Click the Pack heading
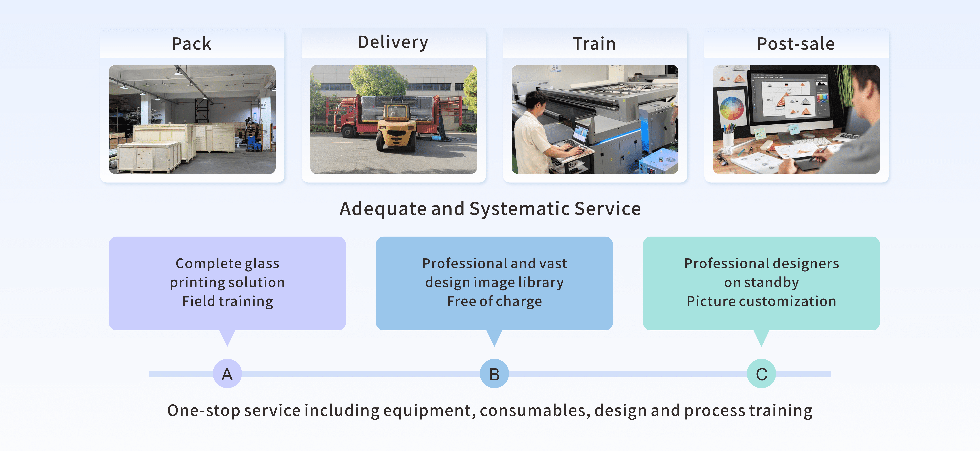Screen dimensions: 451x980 [x=191, y=44]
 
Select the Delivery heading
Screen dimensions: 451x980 [x=393, y=42]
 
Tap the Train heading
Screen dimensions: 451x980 [x=594, y=44]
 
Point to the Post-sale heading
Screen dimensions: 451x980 [x=795, y=44]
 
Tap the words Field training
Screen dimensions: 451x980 [x=228, y=301]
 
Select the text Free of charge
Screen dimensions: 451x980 [x=494, y=301]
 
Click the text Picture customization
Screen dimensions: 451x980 [x=761, y=301]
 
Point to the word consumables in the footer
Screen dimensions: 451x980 [x=535, y=411]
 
